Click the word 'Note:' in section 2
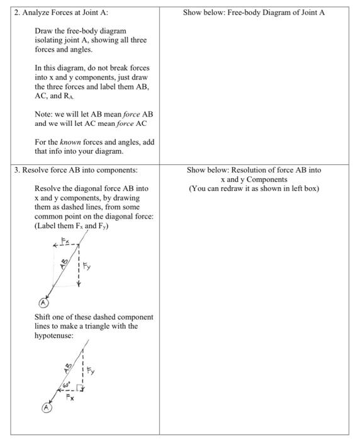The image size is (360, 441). (45, 114)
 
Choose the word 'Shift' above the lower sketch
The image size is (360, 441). (43, 317)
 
